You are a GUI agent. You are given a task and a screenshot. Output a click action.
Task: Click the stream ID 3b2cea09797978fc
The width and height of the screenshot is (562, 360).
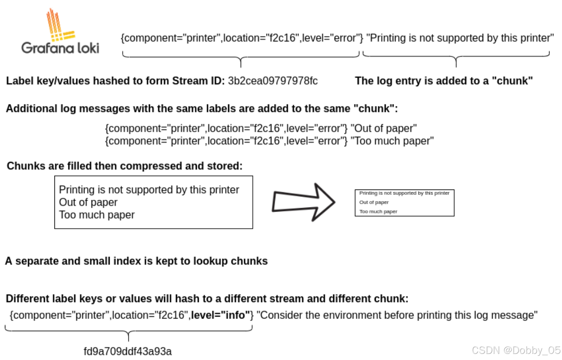coord(273,81)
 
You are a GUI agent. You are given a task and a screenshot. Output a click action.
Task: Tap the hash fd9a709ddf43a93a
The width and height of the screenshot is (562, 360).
coord(128,351)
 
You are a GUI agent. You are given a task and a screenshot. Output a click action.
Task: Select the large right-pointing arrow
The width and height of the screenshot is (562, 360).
coord(303,202)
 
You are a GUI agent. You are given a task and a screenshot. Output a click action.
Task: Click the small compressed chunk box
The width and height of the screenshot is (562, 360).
coord(404,203)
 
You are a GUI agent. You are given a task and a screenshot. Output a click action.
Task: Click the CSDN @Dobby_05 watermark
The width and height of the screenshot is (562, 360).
coord(516,350)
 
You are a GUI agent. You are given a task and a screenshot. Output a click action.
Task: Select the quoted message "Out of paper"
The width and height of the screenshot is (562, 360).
coord(384,129)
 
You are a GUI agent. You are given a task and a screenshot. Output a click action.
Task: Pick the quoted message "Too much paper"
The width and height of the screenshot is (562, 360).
coord(392,141)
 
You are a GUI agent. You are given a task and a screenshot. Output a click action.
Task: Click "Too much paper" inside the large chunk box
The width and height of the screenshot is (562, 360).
coord(97,215)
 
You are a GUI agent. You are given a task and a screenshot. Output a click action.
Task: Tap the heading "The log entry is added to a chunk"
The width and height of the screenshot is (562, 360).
coord(444,81)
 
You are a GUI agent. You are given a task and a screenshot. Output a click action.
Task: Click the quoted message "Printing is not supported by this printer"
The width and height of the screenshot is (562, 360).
coord(460,38)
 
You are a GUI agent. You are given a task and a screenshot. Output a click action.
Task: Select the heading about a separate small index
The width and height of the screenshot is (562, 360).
coord(136,261)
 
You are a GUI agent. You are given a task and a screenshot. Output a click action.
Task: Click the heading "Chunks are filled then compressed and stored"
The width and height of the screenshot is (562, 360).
coord(125,166)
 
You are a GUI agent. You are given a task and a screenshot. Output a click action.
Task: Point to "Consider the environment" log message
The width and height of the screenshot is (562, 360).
coord(397,315)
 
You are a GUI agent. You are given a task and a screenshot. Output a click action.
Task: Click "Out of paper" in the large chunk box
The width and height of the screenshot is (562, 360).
coord(88,202)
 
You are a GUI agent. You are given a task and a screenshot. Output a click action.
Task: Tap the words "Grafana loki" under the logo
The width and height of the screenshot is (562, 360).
coord(60,48)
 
